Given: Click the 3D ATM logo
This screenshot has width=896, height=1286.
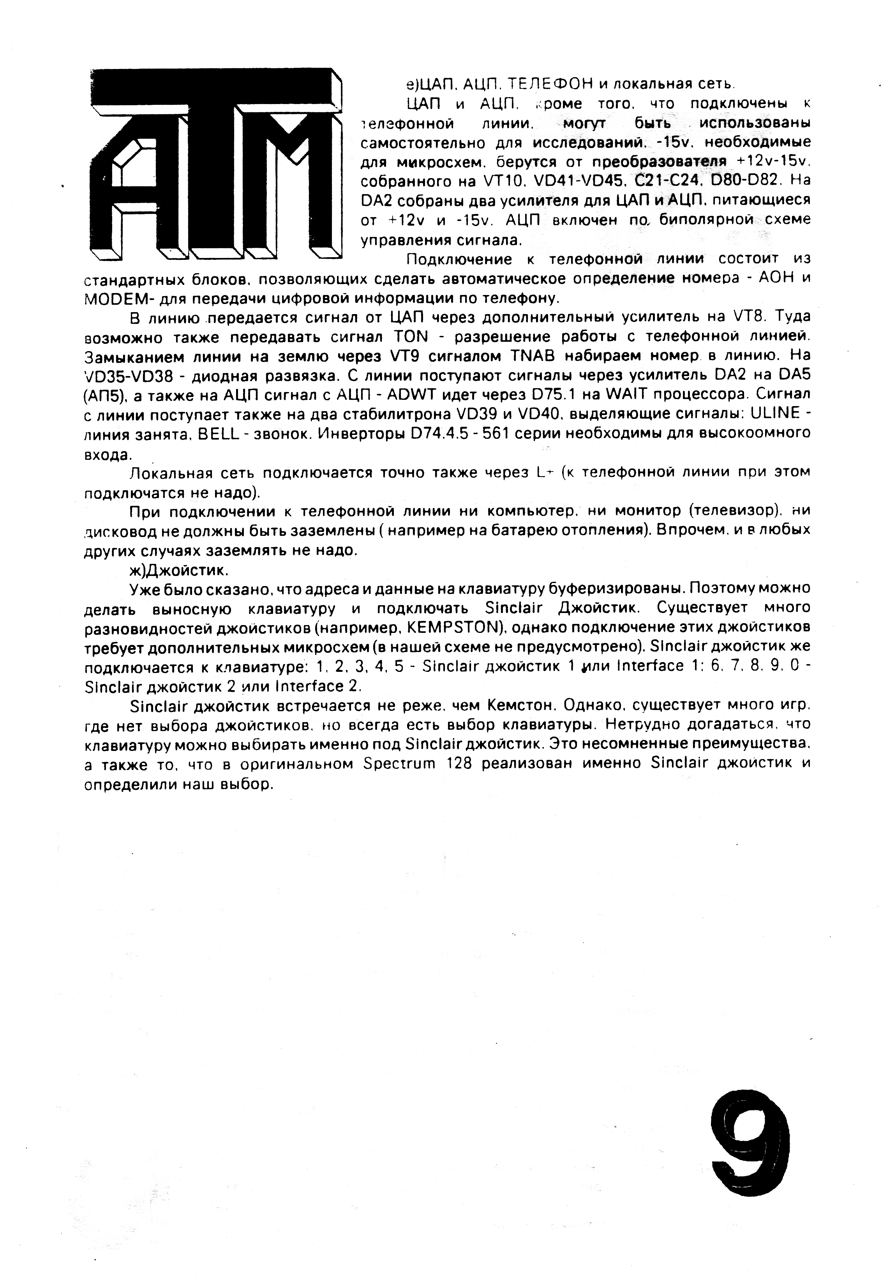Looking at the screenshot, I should [215, 164].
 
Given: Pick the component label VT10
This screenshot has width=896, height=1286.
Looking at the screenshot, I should [502, 182].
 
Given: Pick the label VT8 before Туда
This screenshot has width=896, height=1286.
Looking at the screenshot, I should [748, 317].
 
